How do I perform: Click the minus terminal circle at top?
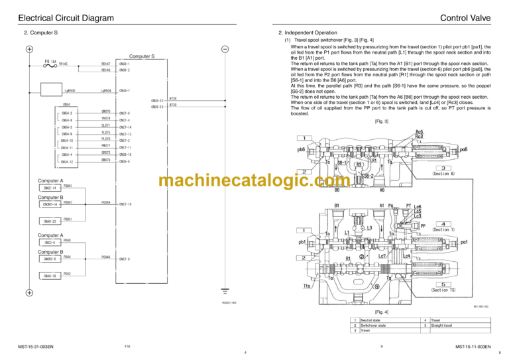tap(225, 49)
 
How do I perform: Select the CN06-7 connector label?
tap(125, 90)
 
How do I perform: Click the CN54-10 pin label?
tap(67, 141)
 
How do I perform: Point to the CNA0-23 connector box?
tap(50, 221)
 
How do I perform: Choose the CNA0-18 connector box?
tap(50, 275)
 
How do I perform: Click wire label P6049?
tap(105, 202)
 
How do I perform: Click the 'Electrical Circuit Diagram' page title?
tap(66, 18)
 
